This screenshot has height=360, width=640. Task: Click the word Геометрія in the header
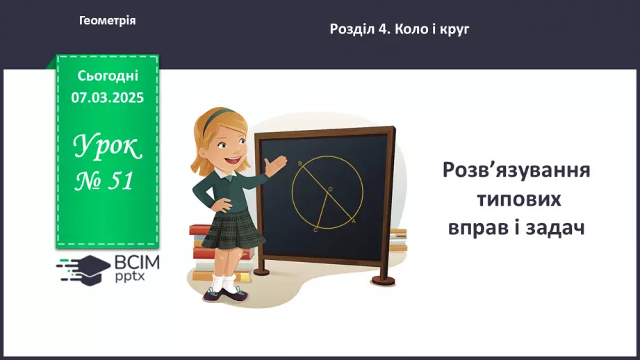(107, 20)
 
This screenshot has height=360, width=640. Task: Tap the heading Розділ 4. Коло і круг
(400, 29)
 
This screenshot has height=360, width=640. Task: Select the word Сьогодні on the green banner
(108, 76)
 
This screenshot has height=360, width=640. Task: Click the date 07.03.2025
(107, 97)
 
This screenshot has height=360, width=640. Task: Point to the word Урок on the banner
(108, 146)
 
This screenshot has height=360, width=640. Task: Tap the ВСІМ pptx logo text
(137, 268)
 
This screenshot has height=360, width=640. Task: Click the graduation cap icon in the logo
(90, 270)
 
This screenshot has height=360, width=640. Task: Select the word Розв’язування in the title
(516, 170)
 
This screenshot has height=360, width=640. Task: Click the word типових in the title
(519, 199)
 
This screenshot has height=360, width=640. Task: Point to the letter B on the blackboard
(300, 164)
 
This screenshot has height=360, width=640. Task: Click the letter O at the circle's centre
(330, 189)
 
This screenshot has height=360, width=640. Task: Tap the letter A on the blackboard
(354, 221)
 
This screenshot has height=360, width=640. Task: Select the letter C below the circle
(315, 230)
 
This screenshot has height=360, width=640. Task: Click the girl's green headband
(215, 115)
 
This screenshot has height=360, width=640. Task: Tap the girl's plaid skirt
(233, 230)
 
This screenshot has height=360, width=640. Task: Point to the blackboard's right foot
(384, 280)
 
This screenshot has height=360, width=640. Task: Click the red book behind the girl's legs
(222, 254)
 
